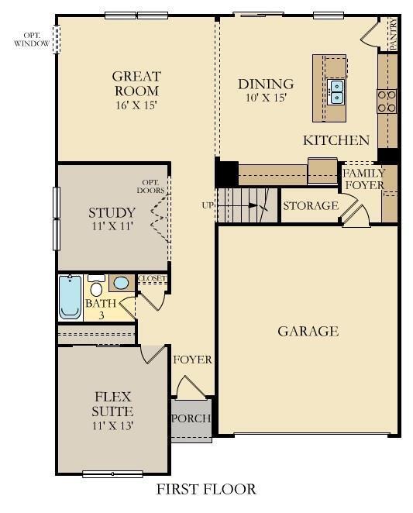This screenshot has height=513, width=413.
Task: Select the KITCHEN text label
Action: point(336,140)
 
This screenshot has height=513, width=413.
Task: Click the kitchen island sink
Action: point(336,92)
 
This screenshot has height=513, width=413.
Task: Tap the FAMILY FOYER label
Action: point(363,179)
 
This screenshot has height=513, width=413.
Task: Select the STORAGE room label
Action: point(310,206)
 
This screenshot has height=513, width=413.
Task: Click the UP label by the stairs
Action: point(208,205)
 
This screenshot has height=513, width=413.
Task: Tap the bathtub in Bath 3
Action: point(70,298)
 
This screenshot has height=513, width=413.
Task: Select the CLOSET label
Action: point(151,279)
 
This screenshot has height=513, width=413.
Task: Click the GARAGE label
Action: point(308,332)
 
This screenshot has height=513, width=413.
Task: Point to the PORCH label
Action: point(191,418)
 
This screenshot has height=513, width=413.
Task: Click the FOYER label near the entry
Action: point(192,360)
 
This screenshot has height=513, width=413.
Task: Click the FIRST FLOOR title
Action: point(206,489)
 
